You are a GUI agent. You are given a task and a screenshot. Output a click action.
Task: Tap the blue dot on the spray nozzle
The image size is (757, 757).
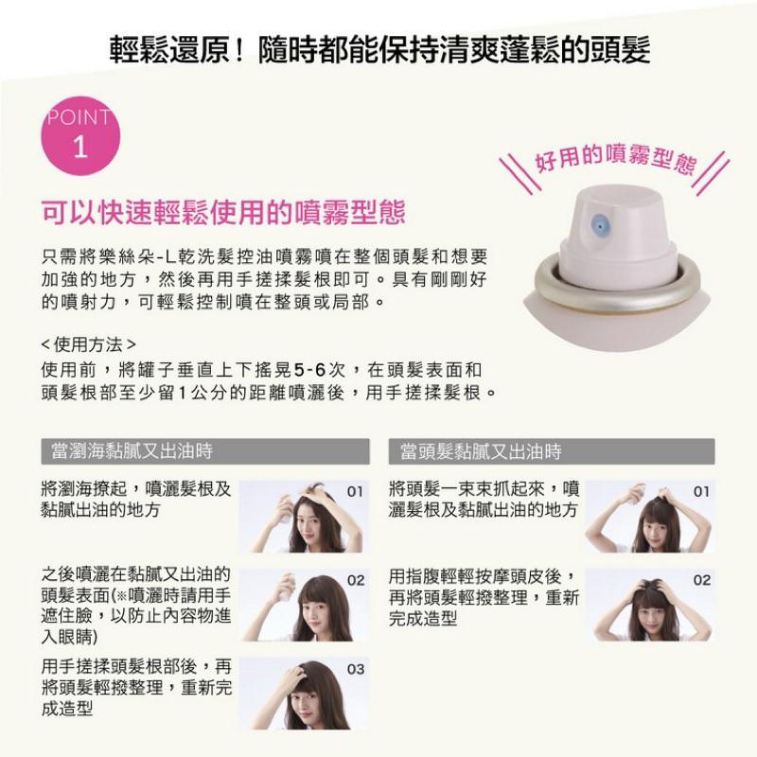(x=600, y=224)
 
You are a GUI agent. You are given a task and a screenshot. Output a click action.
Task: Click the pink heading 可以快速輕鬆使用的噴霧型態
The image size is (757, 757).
(x=223, y=211)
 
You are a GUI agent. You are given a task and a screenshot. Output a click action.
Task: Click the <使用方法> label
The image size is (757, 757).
(x=89, y=342)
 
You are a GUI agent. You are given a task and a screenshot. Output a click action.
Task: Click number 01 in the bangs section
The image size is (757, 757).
(x=355, y=492)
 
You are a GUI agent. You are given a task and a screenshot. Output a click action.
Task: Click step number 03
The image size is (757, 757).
(x=355, y=669)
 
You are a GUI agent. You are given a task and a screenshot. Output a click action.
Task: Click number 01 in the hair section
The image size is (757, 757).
(x=701, y=492)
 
